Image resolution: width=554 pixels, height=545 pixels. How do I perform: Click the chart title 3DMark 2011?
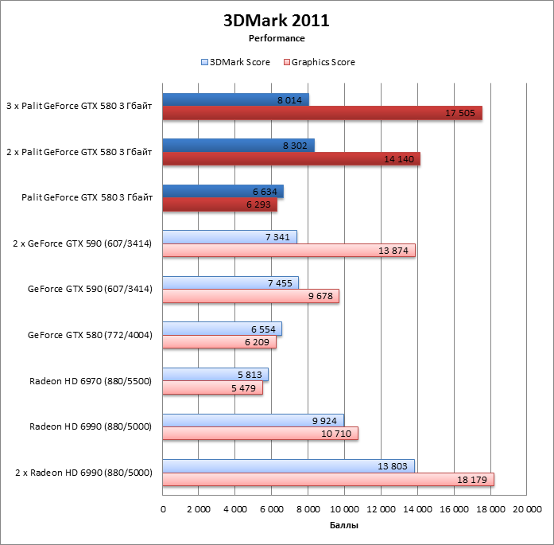pos(277,21)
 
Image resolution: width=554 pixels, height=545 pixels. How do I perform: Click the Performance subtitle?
pos(277,38)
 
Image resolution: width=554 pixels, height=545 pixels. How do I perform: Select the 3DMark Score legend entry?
pos(236,62)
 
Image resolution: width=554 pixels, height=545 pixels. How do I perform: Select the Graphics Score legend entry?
pos(320,62)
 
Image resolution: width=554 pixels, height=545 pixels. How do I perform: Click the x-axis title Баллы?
pos(344,527)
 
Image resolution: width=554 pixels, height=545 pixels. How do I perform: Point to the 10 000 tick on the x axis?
pos(344,508)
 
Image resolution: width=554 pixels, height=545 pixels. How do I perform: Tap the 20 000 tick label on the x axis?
pos(525,508)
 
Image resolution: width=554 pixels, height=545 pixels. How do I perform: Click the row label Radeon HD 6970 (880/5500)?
pos(91,380)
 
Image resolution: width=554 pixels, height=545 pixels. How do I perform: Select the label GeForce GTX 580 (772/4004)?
pos(90,335)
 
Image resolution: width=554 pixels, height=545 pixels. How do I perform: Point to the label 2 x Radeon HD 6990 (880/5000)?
pos(83,473)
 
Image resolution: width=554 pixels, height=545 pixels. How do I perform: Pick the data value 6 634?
pos(265,192)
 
